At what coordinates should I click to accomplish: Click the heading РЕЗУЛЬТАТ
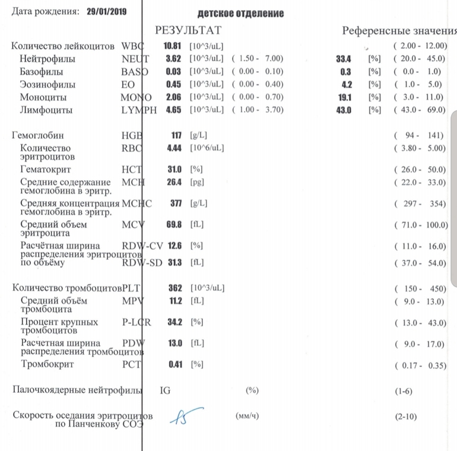point(188,30)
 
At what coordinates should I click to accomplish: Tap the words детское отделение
point(240,13)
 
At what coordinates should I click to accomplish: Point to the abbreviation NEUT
point(135,58)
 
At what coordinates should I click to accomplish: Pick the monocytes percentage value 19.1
point(345,97)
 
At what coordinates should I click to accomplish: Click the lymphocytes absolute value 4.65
point(173,110)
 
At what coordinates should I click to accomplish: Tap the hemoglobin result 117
point(176,135)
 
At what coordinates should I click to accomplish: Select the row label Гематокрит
point(45,169)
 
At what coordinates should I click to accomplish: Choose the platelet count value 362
point(175,288)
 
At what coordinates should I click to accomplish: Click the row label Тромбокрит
point(47,364)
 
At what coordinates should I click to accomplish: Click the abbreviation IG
point(166,390)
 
